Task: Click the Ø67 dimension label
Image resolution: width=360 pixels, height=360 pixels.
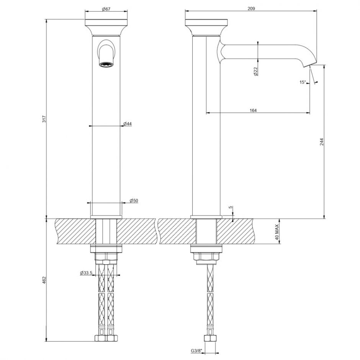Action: click(x=106, y=9)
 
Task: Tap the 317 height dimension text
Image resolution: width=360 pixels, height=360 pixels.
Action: click(x=44, y=119)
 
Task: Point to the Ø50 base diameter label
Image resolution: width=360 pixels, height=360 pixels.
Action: click(x=134, y=200)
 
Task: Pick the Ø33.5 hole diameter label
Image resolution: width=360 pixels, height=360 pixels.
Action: click(x=86, y=273)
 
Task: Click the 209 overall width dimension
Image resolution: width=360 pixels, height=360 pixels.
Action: click(x=251, y=8)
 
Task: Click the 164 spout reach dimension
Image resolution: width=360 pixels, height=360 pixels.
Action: click(x=253, y=110)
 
